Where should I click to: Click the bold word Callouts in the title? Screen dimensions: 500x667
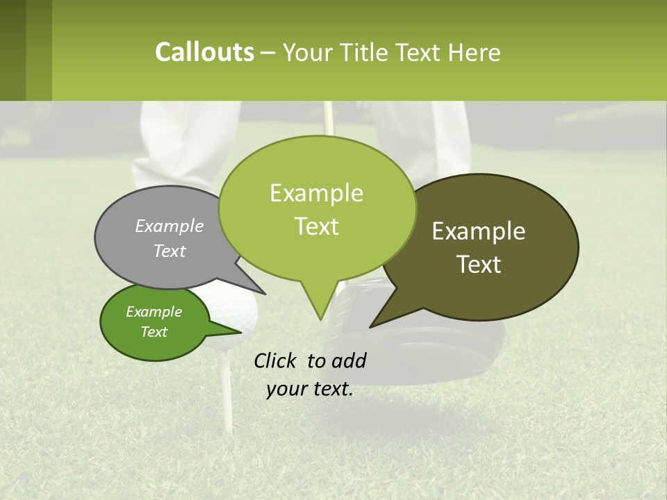point(204,52)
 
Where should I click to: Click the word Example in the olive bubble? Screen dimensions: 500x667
point(479,231)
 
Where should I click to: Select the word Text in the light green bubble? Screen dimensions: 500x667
point(317,226)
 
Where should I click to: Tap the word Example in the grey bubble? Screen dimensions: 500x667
point(170,226)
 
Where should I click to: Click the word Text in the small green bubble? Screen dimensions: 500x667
point(154,332)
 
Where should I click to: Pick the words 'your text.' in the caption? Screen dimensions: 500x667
point(310,389)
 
